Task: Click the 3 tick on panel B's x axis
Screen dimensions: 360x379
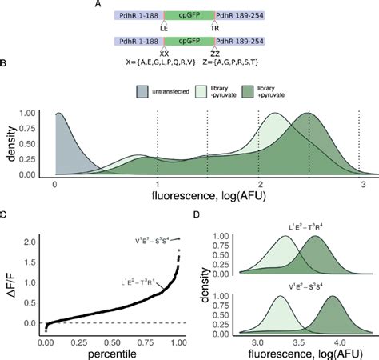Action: click(360, 184)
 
